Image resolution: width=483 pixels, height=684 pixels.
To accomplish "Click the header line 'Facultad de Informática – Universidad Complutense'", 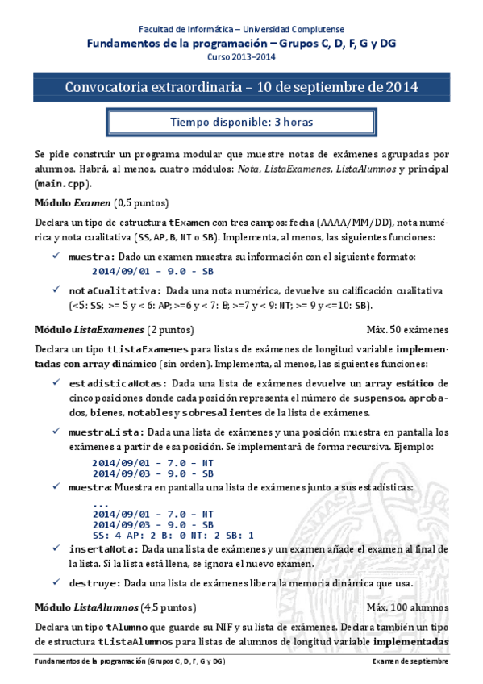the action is point(241,28).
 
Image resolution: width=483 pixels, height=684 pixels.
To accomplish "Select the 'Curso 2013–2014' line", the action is point(241,59).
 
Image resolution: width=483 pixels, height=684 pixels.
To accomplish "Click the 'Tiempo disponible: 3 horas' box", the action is point(241,123).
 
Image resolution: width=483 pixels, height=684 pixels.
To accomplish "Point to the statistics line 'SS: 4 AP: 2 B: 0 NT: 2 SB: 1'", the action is point(173,534).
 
